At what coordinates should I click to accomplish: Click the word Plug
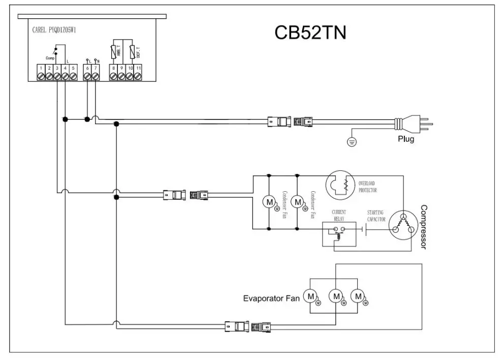tap(405, 139)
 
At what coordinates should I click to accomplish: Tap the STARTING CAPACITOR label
tap(376, 216)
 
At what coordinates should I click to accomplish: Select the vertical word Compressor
tap(424, 227)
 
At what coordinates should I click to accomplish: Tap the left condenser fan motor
tap(267, 202)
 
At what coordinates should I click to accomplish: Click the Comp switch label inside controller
tap(50, 58)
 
